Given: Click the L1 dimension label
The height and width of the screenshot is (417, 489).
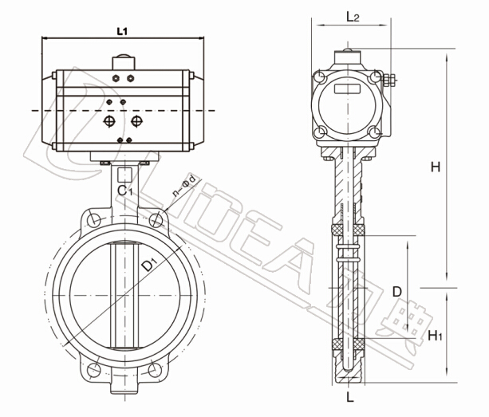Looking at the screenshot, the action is click(x=122, y=31).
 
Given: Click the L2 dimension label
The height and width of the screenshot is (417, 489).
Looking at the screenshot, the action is click(x=353, y=17).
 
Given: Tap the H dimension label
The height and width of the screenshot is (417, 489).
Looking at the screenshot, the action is click(x=436, y=167).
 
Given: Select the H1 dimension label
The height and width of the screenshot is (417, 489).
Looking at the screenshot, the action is click(x=435, y=336).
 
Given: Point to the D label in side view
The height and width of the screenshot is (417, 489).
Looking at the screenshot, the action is click(x=397, y=292).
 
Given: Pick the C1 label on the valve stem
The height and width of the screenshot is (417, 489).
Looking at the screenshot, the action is click(x=125, y=191).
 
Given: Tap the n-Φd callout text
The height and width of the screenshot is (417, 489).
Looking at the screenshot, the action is click(x=184, y=186).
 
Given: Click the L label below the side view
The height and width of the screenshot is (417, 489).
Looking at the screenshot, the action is click(x=350, y=397).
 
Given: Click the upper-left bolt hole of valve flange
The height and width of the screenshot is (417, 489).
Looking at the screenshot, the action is click(x=93, y=220).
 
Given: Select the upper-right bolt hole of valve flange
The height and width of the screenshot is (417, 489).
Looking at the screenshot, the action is click(x=156, y=220).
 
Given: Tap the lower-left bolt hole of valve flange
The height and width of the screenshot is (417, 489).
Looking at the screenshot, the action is click(x=93, y=370).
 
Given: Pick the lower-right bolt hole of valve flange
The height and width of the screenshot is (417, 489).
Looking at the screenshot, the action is click(x=155, y=370).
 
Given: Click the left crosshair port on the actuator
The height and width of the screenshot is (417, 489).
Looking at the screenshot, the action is click(x=109, y=121).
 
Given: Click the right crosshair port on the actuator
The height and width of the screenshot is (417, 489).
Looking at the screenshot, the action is click(x=136, y=121).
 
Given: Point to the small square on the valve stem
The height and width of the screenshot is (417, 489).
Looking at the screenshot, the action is click(x=124, y=175).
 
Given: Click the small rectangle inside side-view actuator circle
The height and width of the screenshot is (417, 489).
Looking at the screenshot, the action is click(x=348, y=89).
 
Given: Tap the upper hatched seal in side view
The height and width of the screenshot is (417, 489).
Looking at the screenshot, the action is click(x=348, y=230).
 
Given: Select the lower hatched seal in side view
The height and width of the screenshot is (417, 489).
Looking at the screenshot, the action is click(x=348, y=344).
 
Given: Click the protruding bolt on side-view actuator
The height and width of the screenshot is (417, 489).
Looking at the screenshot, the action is click(x=389, y=80).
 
